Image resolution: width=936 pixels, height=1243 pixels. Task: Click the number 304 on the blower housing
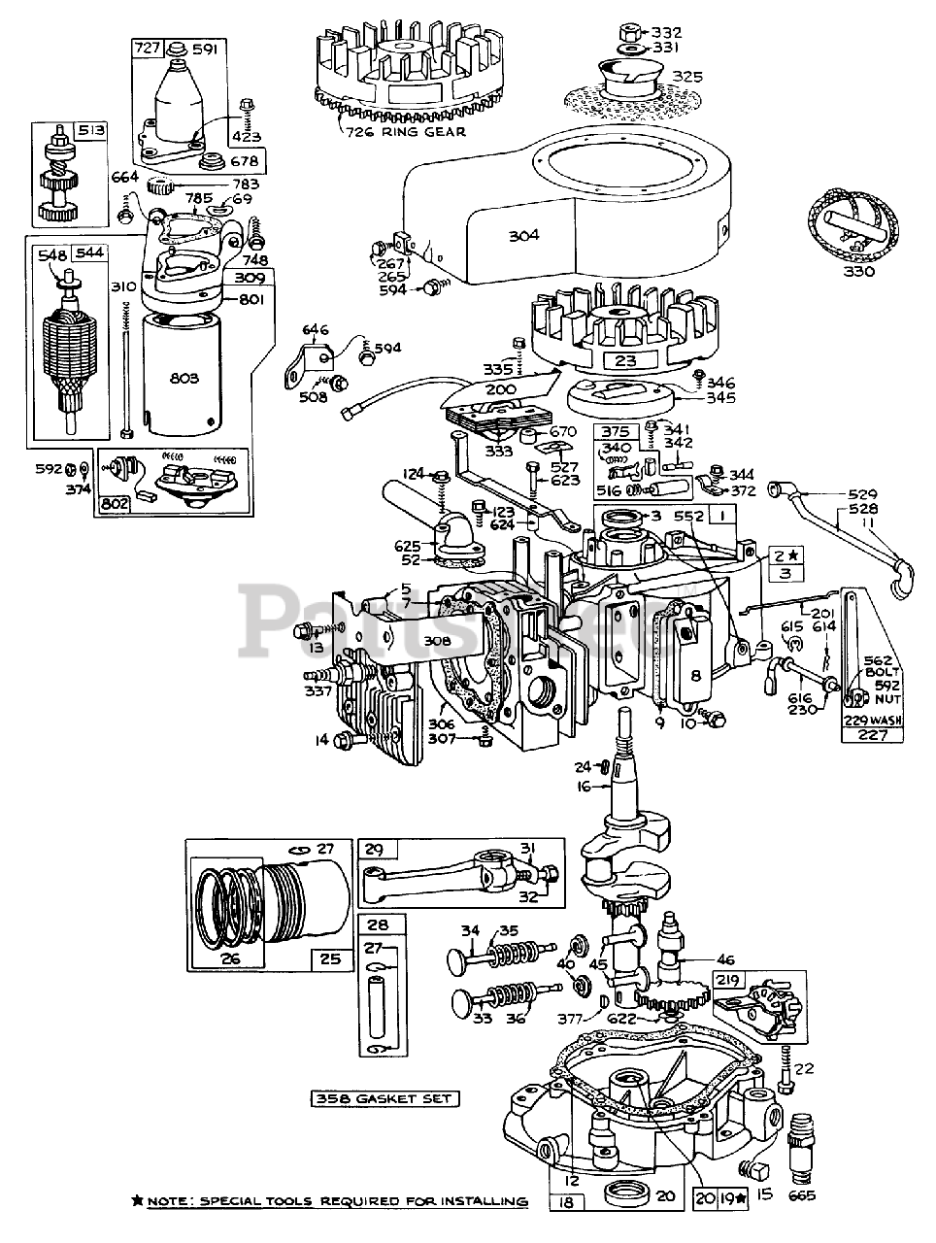(x=522, y=235)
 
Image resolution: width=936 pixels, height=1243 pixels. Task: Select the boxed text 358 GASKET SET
(x=385, y=1099)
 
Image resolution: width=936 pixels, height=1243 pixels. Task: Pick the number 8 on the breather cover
(x=694, y=676)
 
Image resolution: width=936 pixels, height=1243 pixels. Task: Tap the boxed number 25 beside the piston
(x=330, y=959)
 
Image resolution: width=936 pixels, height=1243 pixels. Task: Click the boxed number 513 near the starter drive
(x=93, y=132)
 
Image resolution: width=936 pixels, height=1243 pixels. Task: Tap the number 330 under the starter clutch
(x=858, y=271)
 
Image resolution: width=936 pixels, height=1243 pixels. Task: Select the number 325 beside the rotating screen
(x=686, y=76)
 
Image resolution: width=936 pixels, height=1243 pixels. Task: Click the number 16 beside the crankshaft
(x=584, y=788)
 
